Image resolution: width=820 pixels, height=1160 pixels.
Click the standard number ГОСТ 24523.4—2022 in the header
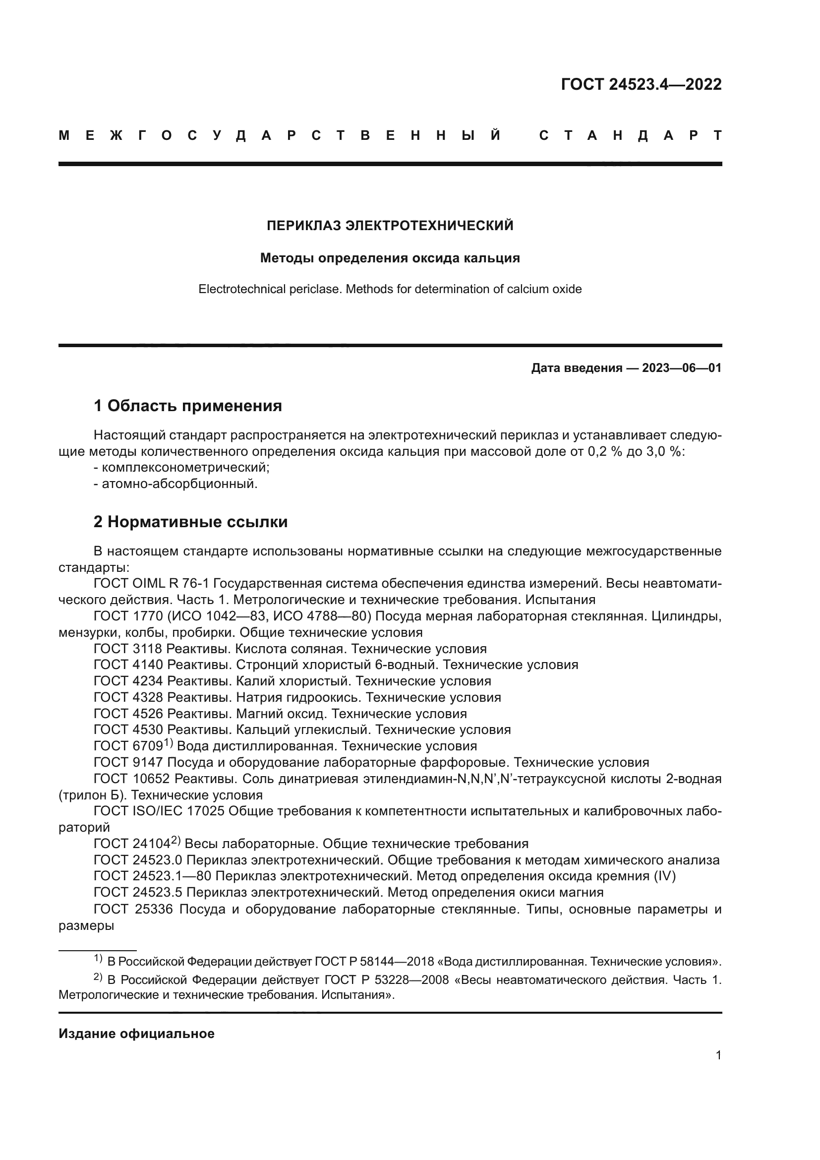coord(641,84)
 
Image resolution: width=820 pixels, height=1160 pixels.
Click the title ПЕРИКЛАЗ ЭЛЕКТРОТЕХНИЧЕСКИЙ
coord(390,225)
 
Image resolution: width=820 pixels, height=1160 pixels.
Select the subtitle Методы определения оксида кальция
coord(390,258)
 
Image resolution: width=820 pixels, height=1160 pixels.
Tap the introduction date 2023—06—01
coord(682,368)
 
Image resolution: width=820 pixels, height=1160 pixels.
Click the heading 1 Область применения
coord(188,405)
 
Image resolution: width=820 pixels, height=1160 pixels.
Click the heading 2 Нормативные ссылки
coord(190,521)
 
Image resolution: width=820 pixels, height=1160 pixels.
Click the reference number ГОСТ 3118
coord(128,649)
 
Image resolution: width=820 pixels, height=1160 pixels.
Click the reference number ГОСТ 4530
coord(128,730)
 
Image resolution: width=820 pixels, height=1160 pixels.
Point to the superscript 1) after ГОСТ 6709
coord(169,743)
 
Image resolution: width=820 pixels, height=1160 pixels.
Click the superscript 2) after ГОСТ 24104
coord(176,840)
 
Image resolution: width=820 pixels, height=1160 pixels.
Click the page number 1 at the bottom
coord(718,1055)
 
